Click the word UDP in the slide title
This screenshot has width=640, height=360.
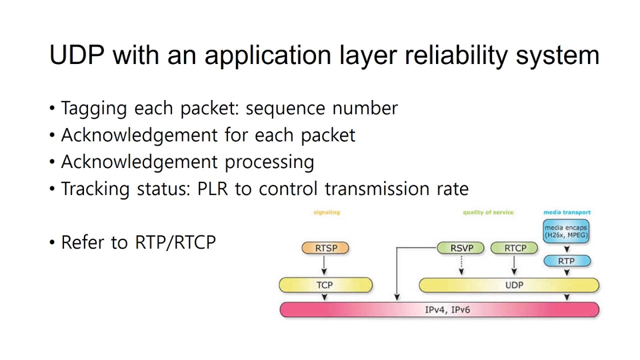(x=77, y=54)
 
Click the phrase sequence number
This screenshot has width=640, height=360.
(x=321, y=108)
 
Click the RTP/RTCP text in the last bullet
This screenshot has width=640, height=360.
(x=175, y=242)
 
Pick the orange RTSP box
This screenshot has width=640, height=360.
(x=325, y=248)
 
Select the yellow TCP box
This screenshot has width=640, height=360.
(x=325, y=285)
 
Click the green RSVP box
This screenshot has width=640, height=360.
(x=461, y=248)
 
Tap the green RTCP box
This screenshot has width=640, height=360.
(x=515, y=248)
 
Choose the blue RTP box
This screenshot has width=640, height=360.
(x=566, y=261)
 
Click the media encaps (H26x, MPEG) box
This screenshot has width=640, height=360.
(x=566, y=231)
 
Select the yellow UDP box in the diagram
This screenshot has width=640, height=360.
(x=514, y=285)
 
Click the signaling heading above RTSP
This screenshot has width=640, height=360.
(x=326, y=212)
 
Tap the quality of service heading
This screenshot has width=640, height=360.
(x=488, y=212)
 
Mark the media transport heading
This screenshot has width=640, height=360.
(x=567, y=212)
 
